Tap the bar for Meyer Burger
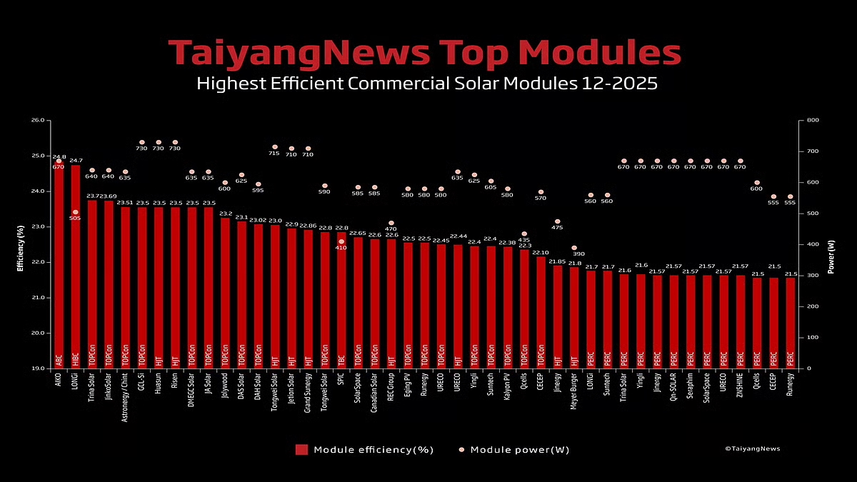[574, 314]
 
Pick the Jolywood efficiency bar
[225, 286]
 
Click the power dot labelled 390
[574, 248]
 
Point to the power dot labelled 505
[75, 212]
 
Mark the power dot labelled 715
[274, 147]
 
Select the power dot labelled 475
[557, 221]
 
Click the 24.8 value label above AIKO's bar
[59, 156]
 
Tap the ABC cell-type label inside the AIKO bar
[59, 360]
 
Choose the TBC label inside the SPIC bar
[341, 360]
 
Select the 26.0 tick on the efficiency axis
[38, 121]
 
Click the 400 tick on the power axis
[813, 244]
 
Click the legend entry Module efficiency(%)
[364, 450]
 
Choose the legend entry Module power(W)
[514, 450]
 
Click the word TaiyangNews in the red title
[299, 54]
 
